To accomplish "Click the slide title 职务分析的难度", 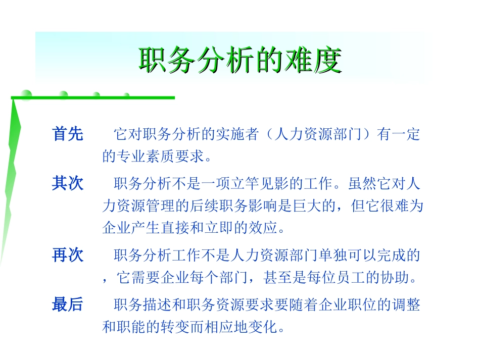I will (x=240, y=61).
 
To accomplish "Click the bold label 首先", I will (x=67, y=134).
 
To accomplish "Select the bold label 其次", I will (x=67, y=183).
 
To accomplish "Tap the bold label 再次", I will (x=67, y=255).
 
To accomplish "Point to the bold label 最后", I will (x=67, y=304).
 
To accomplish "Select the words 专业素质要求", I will (x=157, y=157).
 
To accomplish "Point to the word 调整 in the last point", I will (x=408, y=305).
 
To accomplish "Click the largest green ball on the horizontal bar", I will (x=25, y=94).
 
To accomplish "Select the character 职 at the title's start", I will (x=151, y=61).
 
